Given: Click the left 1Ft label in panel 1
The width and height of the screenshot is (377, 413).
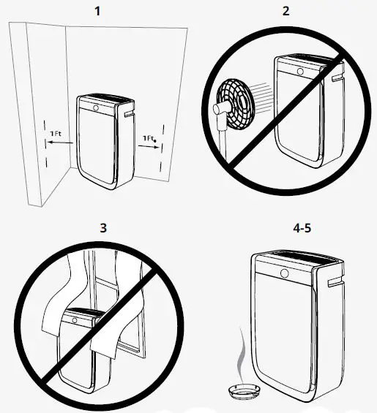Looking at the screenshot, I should coord(56,134).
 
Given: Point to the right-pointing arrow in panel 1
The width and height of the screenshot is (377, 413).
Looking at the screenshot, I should coord(149,146).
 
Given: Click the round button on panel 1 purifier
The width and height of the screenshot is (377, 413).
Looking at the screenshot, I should coord(95,105).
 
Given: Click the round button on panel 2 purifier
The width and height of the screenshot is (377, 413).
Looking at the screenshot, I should coord(299,71).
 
